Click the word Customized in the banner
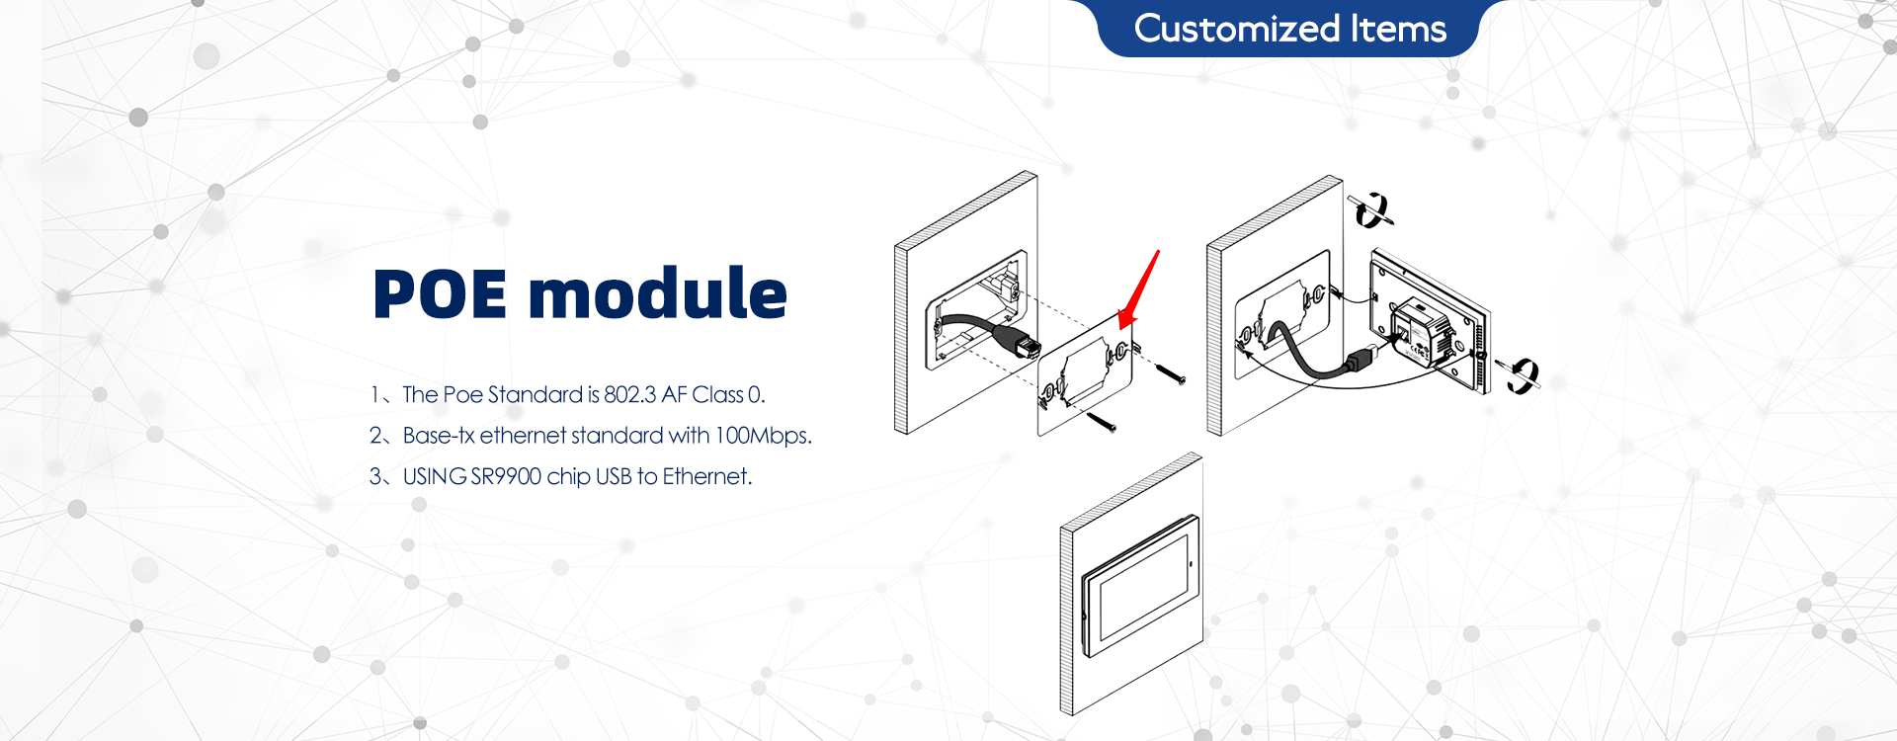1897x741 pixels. point(1237,29)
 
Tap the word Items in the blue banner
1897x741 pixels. point(1399,29)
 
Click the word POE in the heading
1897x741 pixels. point(441,294)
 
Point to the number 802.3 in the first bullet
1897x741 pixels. point(629,394)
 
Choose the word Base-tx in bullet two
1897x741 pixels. point(439,435)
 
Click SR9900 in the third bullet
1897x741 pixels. point(506,476)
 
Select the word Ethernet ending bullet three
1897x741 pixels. point(706,476)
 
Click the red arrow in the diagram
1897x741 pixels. point(1138,288)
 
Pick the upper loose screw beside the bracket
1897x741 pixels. point(1169,372)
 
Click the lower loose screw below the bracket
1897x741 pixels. point(1101,422)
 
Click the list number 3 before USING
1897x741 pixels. point(375,476)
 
